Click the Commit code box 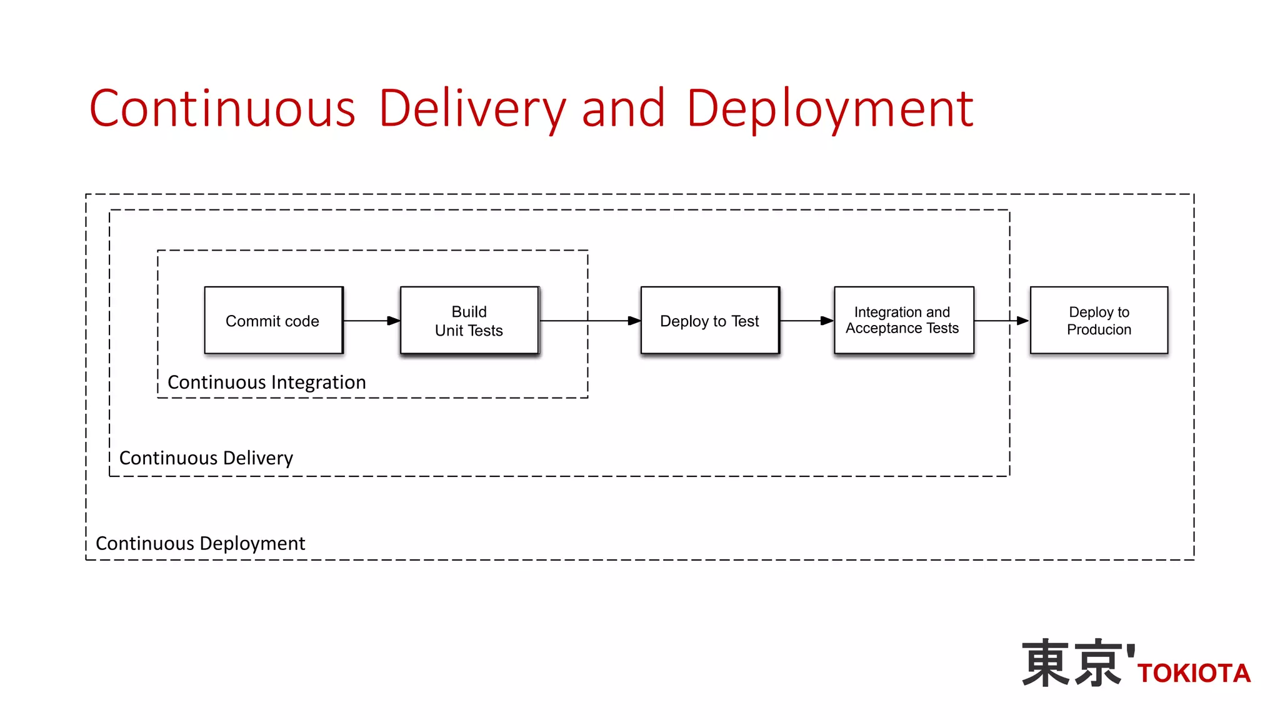(274, 321)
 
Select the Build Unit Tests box (469, 321)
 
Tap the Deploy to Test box (710, 321)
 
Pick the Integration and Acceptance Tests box (903, 321)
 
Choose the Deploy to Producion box (1099, 321)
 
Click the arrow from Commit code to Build (372, 321)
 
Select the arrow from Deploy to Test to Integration (807, 321)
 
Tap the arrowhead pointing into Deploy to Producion (1022, 321)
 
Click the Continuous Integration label (267, 382)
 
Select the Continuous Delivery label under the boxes (206, 458)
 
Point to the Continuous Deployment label (201, 543)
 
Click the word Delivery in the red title (472, 109)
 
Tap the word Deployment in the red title (830, 109)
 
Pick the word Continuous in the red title (222, 109)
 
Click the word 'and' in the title (623, 109)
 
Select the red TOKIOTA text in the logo (1194, 674)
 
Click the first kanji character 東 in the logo (1046, 663)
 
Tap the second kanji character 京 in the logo (1098, 663)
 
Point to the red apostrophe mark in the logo (1131, 654)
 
